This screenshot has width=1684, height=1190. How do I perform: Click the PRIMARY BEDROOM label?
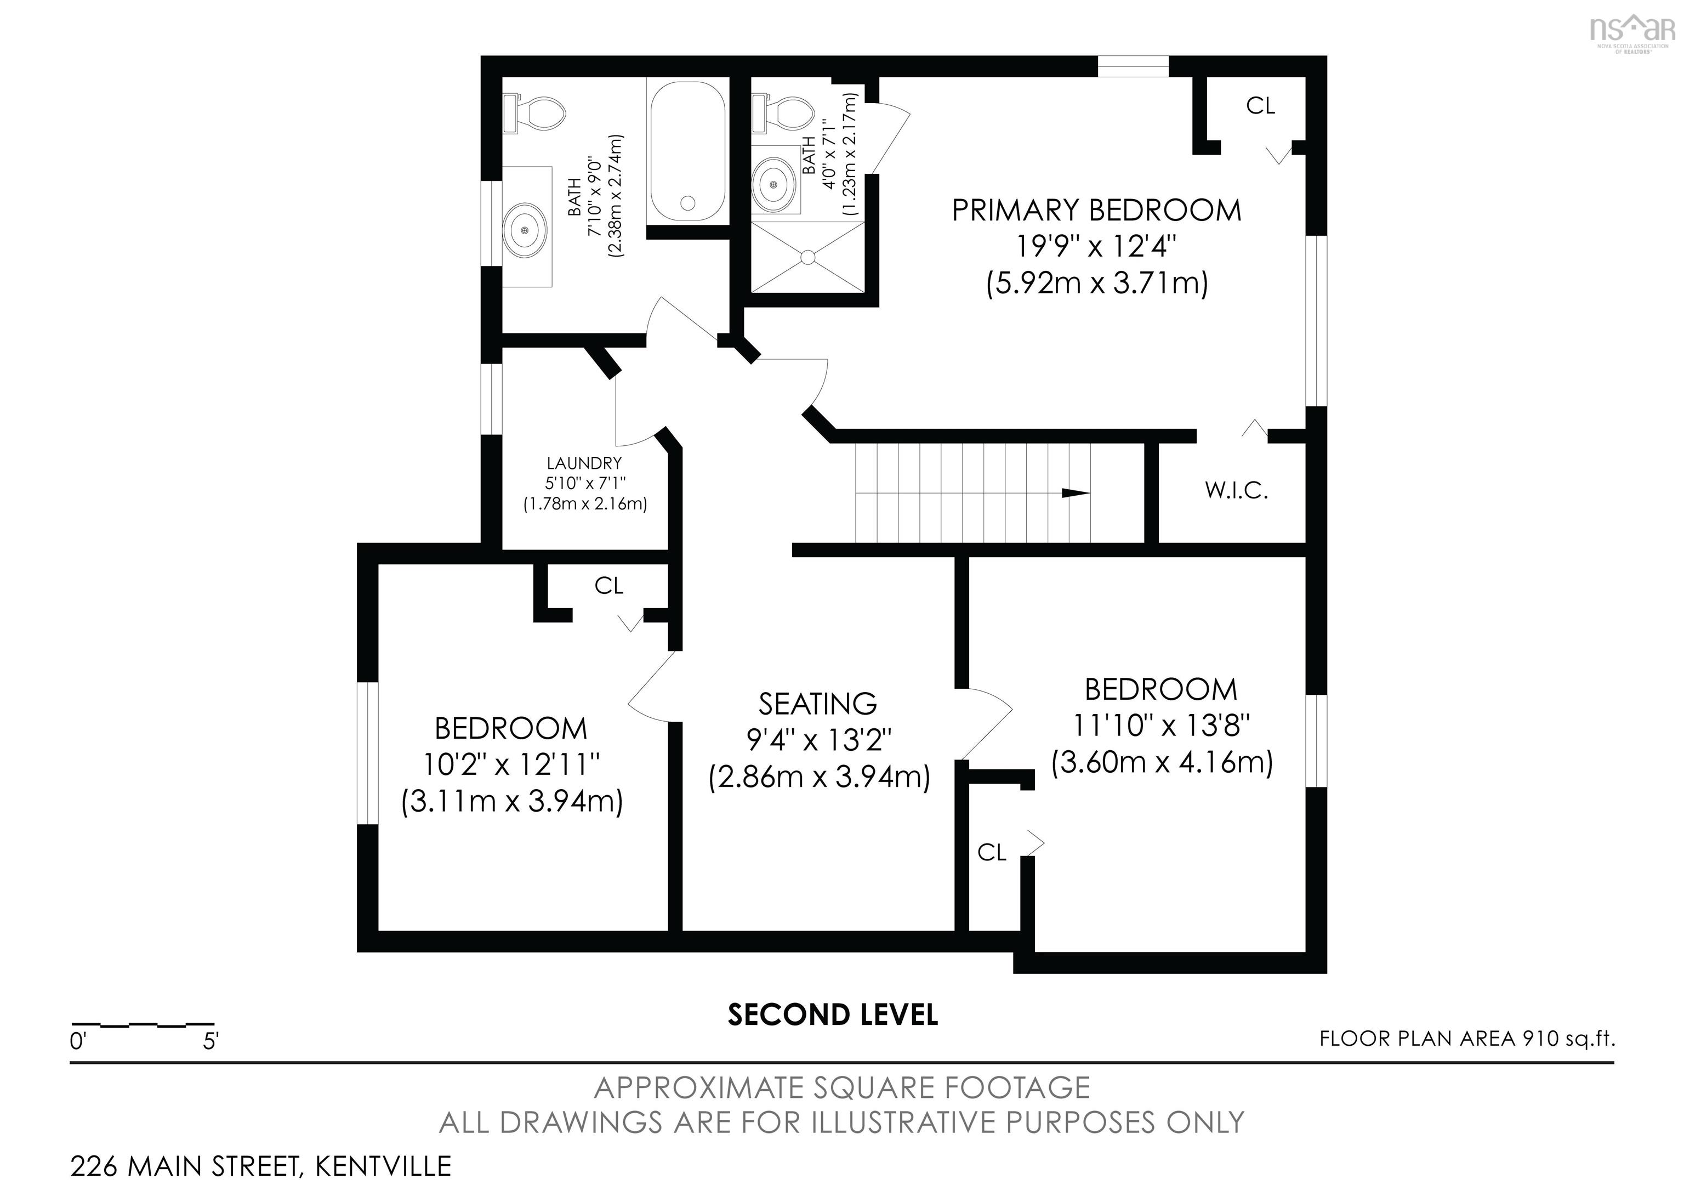click(x=1096, y=211)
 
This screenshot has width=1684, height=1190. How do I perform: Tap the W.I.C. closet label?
click(x=1237, y=490)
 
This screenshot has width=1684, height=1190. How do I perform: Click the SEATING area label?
click(x=818, y=704)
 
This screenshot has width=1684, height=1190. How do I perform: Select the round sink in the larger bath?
click(x=525, y=230)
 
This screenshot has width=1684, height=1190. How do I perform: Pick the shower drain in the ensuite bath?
click(x=807, y=257)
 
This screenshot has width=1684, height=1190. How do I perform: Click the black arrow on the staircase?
click(x=1076, y=493)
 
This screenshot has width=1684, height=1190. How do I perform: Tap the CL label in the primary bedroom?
click(x=1261, y=106)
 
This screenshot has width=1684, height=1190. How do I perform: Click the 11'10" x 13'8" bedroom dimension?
click(x=1162, y=726)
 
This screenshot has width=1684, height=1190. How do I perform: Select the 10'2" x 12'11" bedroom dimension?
click(x=512, y=765)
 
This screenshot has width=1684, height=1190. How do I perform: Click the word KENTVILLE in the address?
click(x=384, y=1165)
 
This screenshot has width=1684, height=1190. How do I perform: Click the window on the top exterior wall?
click(x=1133, y=66)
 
